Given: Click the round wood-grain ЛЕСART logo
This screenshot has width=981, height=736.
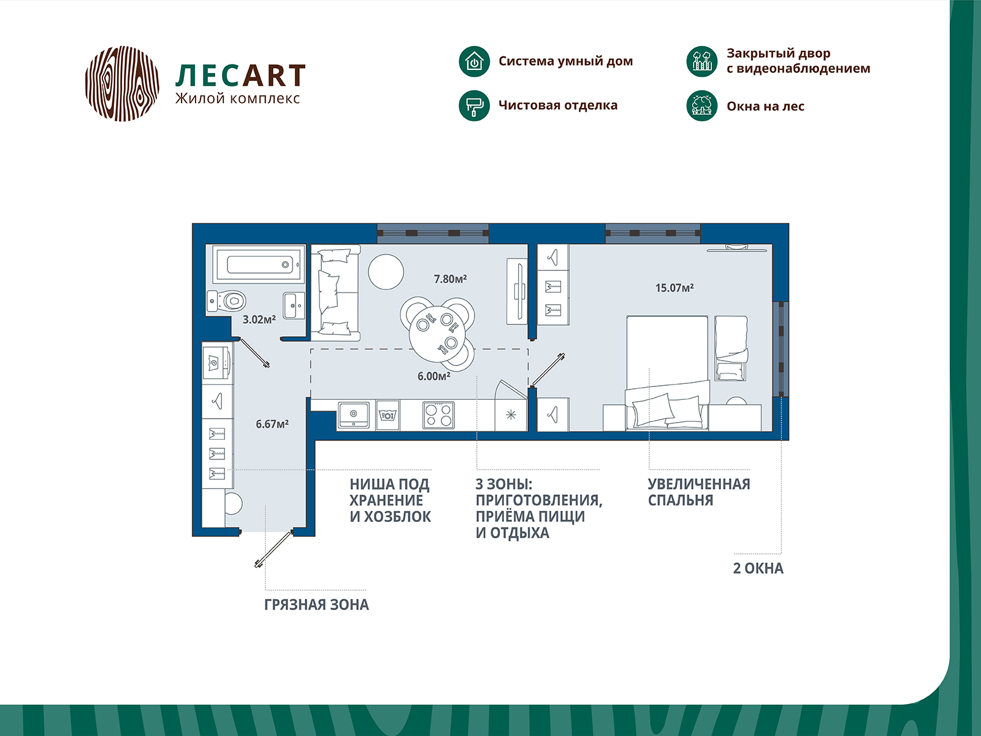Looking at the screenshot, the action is point(122,83).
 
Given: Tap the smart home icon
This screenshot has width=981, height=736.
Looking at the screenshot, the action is point(474,61).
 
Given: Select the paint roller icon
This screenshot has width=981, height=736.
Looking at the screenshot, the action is point(474,106).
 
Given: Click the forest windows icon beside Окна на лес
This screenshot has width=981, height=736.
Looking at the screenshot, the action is point(701,106).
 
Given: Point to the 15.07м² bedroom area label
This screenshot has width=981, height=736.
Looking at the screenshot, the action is point(674,288).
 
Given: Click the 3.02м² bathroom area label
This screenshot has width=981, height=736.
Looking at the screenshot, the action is point(259,319).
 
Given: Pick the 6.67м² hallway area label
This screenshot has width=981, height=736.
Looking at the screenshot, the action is point(272,424).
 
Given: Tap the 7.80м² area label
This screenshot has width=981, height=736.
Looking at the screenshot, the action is point(451,279).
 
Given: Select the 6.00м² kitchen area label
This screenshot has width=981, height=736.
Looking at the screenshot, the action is point(434,376).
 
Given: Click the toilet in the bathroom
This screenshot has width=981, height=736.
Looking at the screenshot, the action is point(227,301).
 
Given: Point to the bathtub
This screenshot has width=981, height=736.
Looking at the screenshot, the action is point(259,264).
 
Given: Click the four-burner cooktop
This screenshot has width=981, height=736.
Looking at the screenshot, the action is point(438,416).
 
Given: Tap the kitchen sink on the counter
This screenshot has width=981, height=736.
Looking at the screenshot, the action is point(354,416).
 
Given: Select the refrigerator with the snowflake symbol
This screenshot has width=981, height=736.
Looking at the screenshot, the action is point(511,415).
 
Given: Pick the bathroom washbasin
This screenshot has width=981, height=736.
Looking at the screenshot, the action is point(294,305).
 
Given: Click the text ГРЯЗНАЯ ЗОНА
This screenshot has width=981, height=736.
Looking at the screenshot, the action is point(316,605).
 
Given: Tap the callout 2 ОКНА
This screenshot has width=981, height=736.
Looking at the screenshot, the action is point(758,569).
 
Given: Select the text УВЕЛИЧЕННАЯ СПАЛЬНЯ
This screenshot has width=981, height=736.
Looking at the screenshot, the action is point(699,492).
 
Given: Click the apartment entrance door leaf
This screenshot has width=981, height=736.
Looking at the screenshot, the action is point(273,549).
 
